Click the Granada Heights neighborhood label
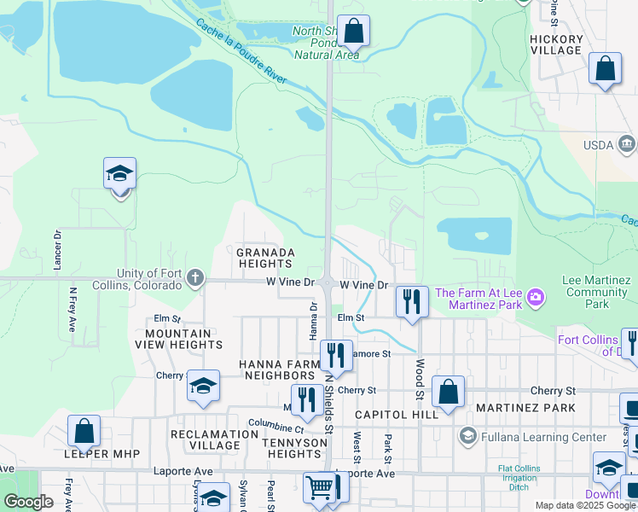coord(265,259)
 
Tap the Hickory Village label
coord(555,44)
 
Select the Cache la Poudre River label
coord(241,52)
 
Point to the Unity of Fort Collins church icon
coord(195,277)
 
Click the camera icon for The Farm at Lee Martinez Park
coord(535,296)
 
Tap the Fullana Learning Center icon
coord(467,436)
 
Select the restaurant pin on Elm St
coord(412,300)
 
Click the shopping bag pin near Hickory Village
coord(605,69)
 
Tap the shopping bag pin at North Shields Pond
coord(353,31)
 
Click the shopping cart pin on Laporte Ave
coord(319,487)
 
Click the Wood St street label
coord(420,378)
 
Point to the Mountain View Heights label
coord(183,339)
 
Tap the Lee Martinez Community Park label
coord(597,292)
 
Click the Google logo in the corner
coord(28,502)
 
